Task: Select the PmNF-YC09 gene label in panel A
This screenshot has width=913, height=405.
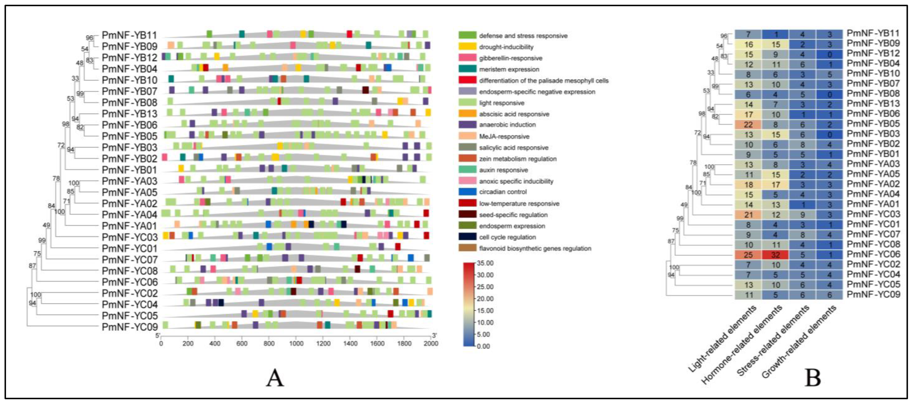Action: coord(129,327)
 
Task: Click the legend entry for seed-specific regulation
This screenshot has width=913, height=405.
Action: coord(513,215)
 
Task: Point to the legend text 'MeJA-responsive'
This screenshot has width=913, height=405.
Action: coord(504,136)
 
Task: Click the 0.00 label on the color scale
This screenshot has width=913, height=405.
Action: coord(484,346)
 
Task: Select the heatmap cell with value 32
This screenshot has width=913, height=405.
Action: coord(775,254)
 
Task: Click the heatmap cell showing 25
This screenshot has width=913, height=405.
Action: coord(748,254)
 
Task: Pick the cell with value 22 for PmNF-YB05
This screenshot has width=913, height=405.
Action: coord(748,124)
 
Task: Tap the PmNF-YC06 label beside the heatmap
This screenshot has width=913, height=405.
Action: coord(873,254)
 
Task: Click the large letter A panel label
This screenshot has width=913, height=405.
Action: coord(275,378)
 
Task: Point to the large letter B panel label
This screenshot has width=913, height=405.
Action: coord(813,378)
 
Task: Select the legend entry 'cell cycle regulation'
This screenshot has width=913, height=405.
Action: coord(507,237)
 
